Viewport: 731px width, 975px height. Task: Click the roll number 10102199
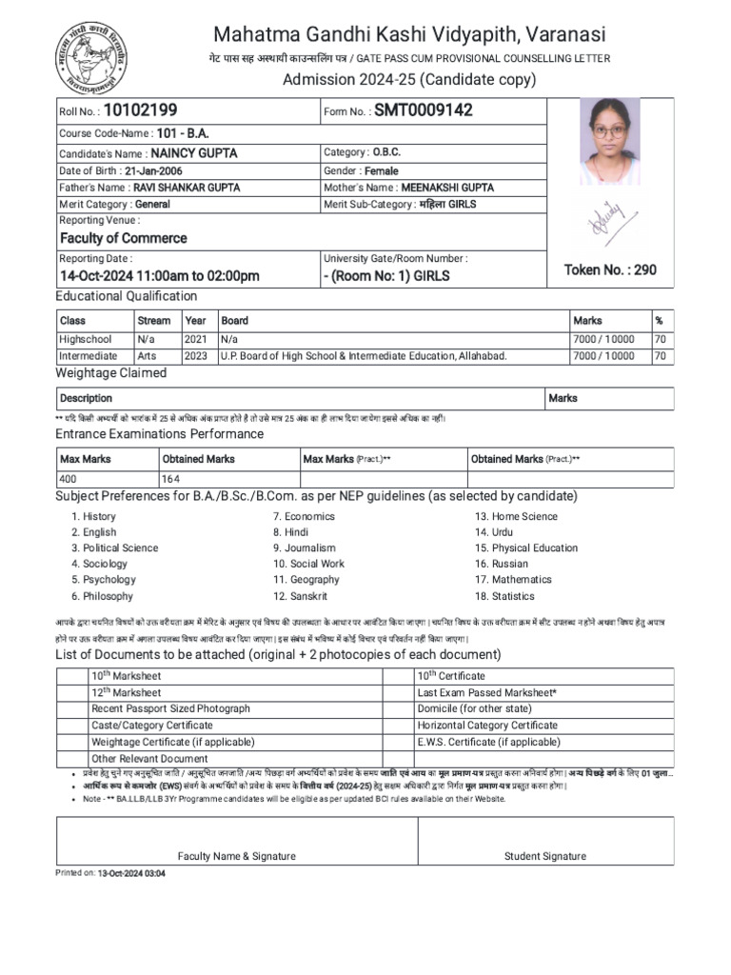click(x=140, y=110)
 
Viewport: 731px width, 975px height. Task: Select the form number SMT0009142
click(x=423, y=110)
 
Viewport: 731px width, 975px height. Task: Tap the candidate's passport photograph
click(x=609, y=146)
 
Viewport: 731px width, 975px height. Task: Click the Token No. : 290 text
click(x=610, y=269)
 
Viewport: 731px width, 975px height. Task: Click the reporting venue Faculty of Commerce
click(x=124, y=238)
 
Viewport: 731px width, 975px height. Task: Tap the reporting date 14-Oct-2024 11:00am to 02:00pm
click(x=159, y=276)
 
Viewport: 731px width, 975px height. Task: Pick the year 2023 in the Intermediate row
click(x=195, y=356)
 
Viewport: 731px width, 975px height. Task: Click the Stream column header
click(x=154, y=321)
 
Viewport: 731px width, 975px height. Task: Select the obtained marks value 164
click(x=171, y=479)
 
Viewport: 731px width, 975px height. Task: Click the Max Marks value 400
click(x=69, y=479)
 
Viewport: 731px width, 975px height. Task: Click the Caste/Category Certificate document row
click(x=151, y=725)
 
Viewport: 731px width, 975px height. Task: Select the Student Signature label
click(x=545, y=856)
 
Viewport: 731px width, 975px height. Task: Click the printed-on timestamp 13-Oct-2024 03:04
click(x=131, y=873)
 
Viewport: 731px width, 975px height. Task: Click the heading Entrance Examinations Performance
click(x=159, y=434)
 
